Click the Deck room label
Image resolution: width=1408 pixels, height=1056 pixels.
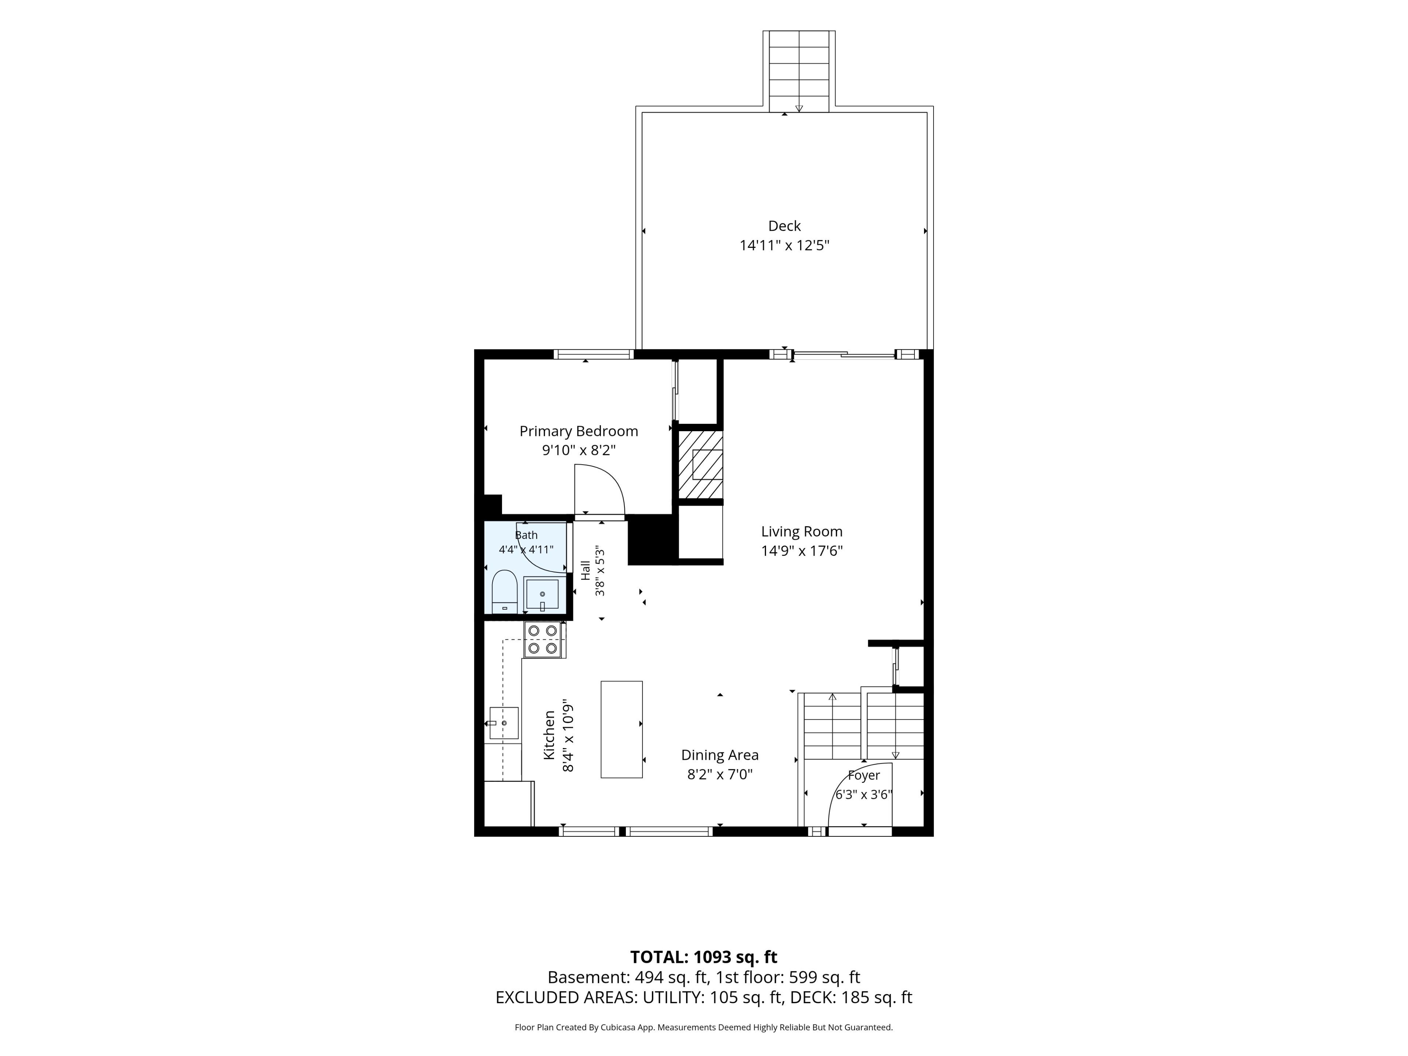coord(784,226)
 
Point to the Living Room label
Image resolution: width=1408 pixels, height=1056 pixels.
coord(802,532)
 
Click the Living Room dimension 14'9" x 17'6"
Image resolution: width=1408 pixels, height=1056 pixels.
coord(802,551)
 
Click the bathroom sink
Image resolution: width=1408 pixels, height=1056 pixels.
coord(542,594)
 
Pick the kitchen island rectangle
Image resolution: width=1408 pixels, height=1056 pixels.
coord(621,729)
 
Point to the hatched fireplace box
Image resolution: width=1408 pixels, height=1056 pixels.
coord(700,465)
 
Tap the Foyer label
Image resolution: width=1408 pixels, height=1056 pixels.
coord(864,775)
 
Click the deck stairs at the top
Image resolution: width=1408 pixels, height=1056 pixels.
coord(799,71)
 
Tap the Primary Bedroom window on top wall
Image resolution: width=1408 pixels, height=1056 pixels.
coord(593,355)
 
